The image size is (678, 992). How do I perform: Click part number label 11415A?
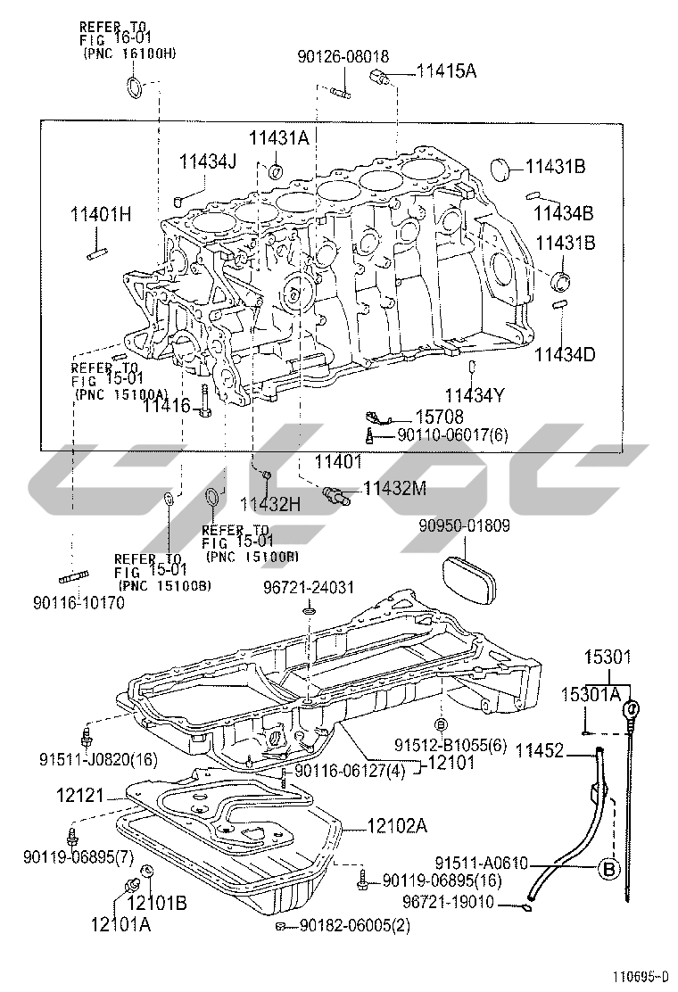pyautogui.click(x=447, y=70)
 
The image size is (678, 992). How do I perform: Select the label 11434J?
pyautogui.click(x=207, y=161)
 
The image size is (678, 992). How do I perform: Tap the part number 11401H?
pyautogui.click(x=101, y=214)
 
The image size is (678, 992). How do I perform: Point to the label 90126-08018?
pyautogui.click(x=343, y=56)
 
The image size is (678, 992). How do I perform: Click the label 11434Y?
pyautogui.click(x=475, y=395)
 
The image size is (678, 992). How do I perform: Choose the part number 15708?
pyautogui.click(x=440, y=417)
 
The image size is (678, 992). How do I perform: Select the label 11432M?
pyautogui.click(x=394, y=488)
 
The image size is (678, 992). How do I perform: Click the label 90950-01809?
pyautogui.click(x=464, y=525)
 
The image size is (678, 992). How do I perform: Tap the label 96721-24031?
pyautogui.click(x=309, y=588)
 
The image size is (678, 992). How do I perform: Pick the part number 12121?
pyautogui.click(x=79, y=795)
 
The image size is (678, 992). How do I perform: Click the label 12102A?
pyautogui.click(x=397, y=825)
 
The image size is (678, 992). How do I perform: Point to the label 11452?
pyautogui.click(x=540, y=751)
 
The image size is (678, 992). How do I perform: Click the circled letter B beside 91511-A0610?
pyautogui.click(x=608, y=869)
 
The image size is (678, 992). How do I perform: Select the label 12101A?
pyautogui.click(x=120, y=924)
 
